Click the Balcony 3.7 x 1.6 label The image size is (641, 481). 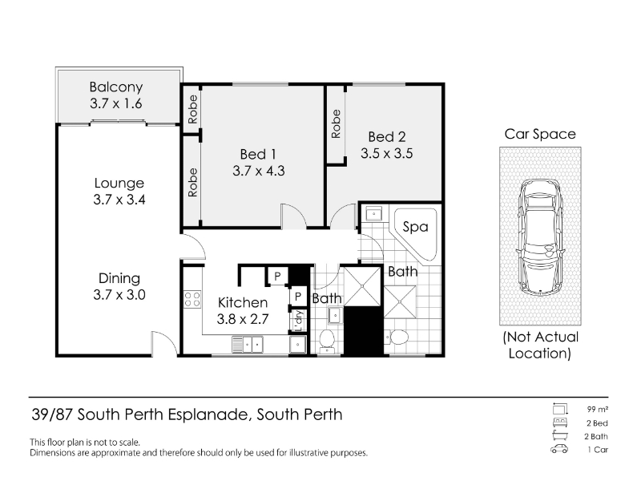[x=116, y=95]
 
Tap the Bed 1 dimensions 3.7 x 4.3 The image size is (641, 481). [x=259, y=171]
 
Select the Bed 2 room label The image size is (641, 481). [x=387, y=136]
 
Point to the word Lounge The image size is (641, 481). [x=119, y=183]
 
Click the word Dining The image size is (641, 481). [x=119, y=278]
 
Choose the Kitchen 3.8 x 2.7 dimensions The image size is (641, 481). [x=243, y=318]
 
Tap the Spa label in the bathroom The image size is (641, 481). [x=415, y=227]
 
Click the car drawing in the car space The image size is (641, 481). [x=540, y=236]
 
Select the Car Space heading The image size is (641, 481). [x=540, y=134]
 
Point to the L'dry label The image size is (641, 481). [x=298, y=320]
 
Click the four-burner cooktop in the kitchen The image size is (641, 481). [x=192, y=299]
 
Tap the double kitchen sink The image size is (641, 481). [x=248, y=345]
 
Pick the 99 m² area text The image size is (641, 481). [x=598, y=409]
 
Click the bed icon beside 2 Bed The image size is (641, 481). [x=560, y=422]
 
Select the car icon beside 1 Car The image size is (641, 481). [x=559, y=449]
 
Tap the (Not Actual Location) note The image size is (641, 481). [x=540, y=345]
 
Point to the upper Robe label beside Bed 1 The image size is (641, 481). [x=192, y=109]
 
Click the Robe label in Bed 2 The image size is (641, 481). [x=336, y=124]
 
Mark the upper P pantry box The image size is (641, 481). [x=277, y=277]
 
